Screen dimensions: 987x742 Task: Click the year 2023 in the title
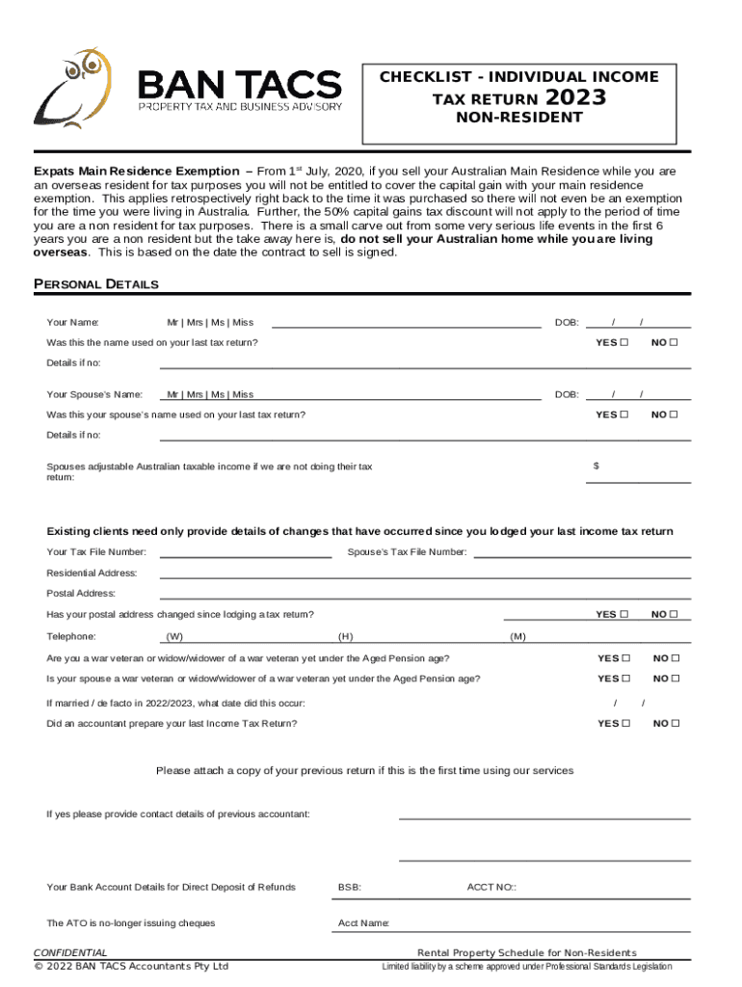coord(576,98)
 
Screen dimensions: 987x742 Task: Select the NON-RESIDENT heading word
coord(520,118)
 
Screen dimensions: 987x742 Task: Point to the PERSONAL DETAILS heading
coord(96,284)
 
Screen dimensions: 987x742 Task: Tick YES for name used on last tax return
coord(624,343)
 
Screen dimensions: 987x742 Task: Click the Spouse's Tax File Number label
coord(407,552)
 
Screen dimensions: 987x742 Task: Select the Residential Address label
coord(92,573)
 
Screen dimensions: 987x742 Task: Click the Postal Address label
coord(81,594)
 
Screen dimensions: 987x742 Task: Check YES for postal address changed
coord(624,615)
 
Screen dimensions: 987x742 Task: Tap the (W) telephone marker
coord(174,637)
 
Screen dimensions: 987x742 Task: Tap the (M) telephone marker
coord(517,637)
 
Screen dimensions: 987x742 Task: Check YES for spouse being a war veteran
coord(624,680)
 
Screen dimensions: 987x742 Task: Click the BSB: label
coord(350,887)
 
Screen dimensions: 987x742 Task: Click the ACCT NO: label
coord(491,887)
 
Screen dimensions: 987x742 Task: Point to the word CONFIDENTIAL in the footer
coord(70,953)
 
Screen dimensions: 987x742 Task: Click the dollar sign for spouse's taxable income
coord(596,466)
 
